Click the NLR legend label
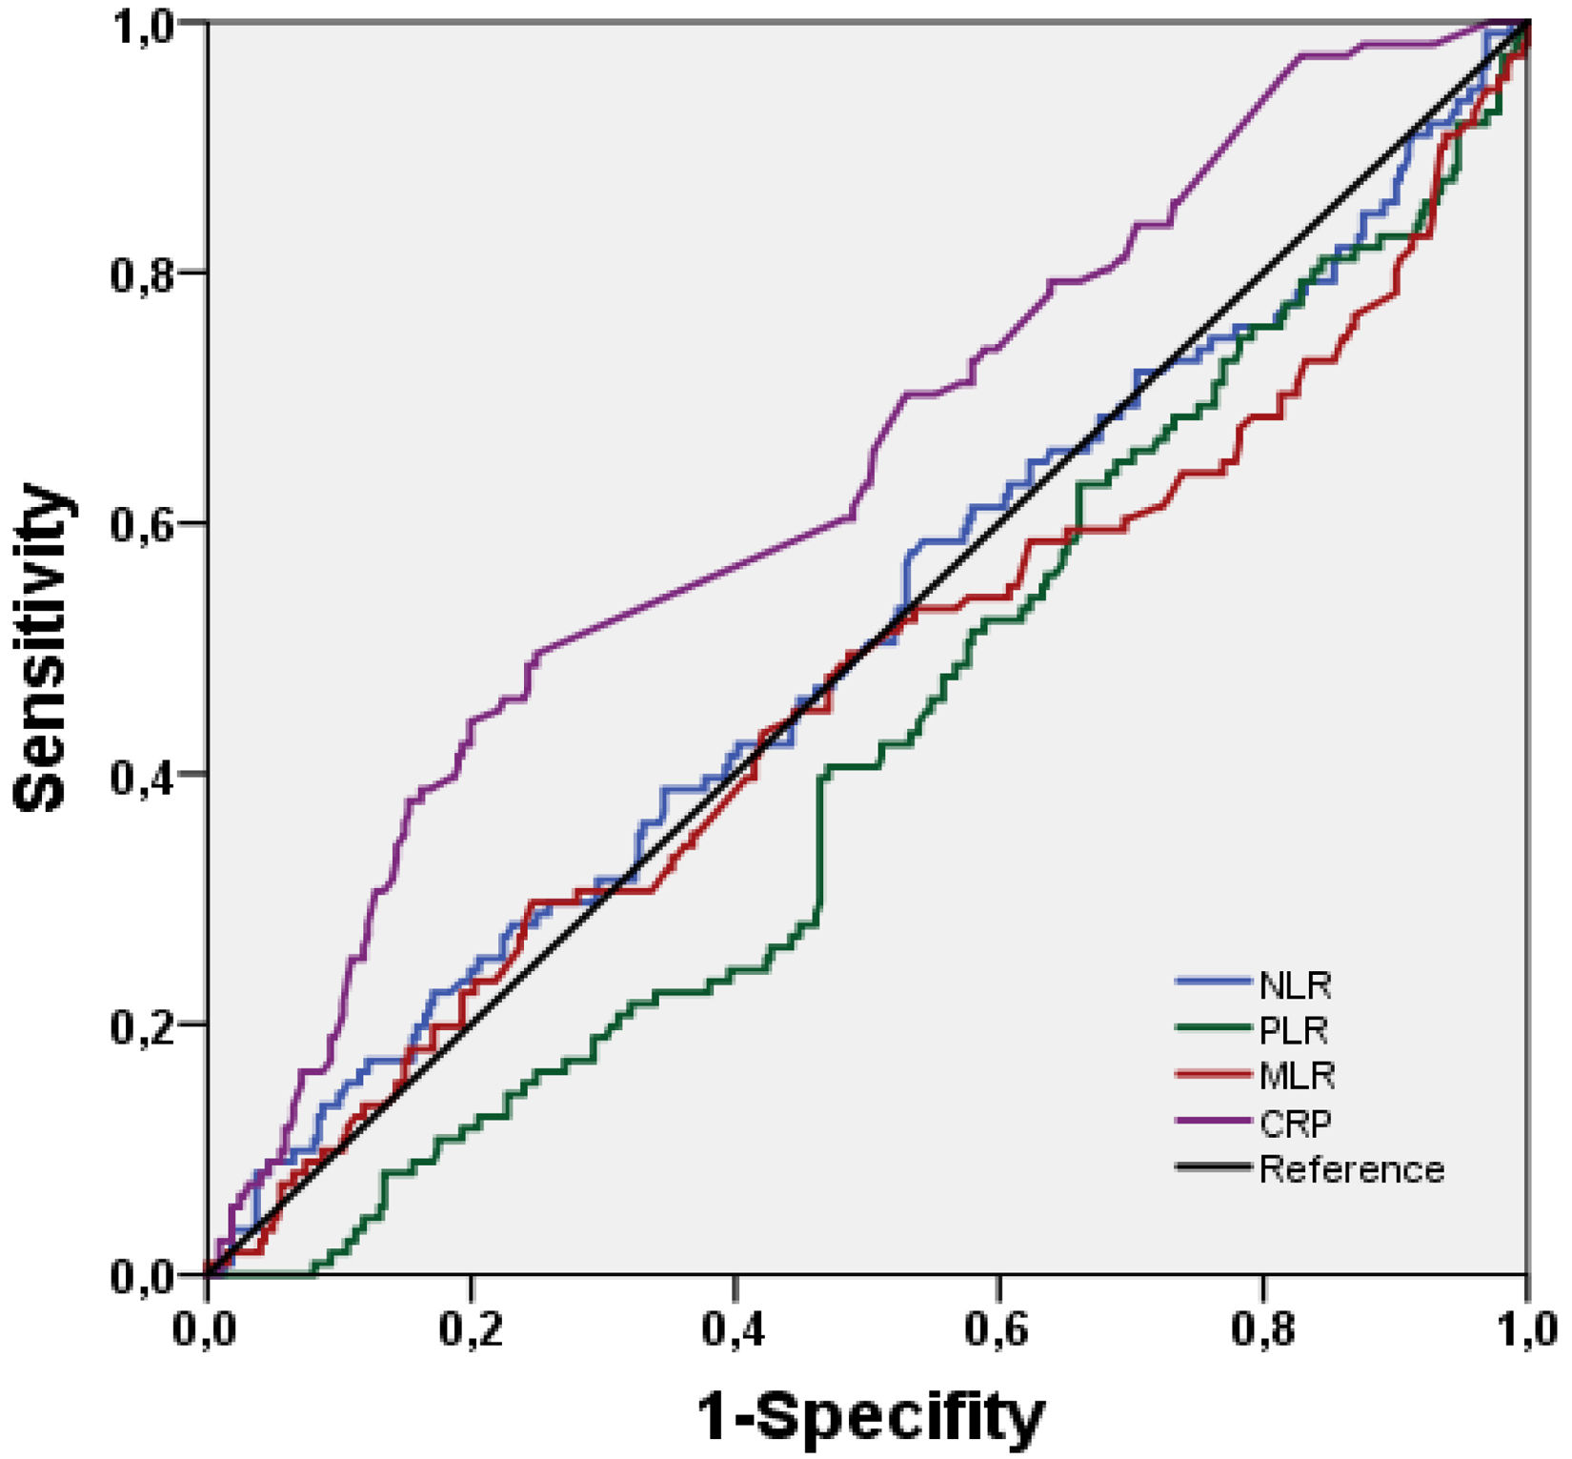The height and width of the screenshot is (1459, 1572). coord(1295,984)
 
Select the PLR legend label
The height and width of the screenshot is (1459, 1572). coord(1293,1030)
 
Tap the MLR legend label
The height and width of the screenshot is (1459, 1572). coord(1297,1076)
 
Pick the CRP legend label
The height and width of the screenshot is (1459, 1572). coord(1295,1123)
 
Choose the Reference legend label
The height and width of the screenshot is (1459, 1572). coord(1352,1168)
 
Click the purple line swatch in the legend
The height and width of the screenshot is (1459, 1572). coord(1213,1122)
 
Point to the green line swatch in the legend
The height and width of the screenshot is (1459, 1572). coord(1213,1027)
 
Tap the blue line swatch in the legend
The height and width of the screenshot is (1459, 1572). coord(1213,980)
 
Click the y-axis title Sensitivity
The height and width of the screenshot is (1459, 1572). coord(42,649)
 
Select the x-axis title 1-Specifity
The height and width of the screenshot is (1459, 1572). coord(872,1417)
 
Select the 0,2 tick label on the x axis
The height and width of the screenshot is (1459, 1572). coord(472,1331)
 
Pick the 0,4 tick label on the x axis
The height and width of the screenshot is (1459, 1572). coord(736,1331)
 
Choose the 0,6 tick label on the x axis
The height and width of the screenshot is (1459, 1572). coord(999,1331)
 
